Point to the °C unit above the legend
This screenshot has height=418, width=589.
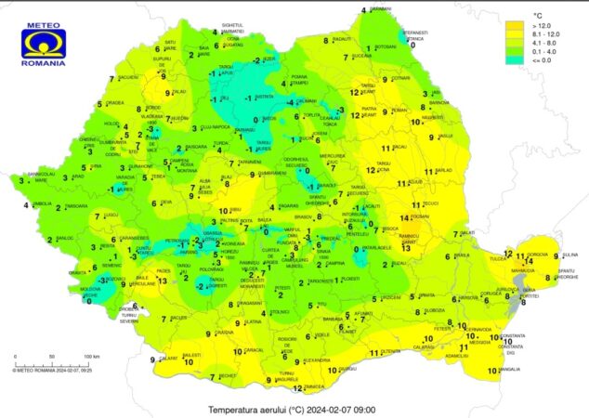pos(537,16)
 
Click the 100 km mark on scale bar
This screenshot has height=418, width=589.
pos(91,358)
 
